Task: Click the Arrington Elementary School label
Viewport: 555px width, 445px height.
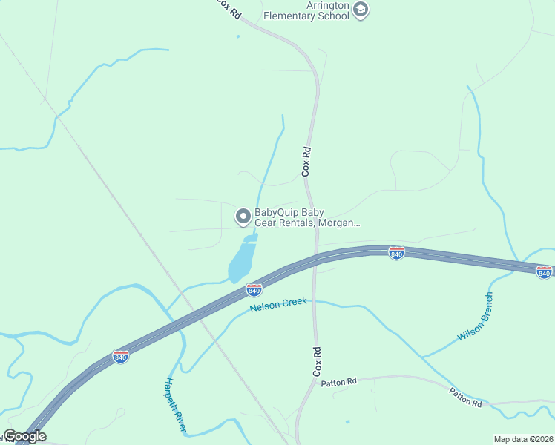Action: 306,10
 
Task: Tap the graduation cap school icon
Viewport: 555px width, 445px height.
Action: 361,10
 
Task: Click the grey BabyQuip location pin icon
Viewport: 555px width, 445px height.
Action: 243,217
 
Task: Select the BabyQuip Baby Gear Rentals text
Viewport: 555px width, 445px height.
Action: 307,217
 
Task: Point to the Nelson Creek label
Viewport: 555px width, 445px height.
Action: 278,306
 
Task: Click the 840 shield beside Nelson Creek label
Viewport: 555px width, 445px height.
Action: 254,289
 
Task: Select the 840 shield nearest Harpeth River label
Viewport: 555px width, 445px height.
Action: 120,357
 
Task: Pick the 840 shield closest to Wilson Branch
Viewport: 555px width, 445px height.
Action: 544,272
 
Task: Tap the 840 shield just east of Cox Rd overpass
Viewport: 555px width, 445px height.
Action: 396,254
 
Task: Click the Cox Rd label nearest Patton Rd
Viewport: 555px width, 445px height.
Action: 317,360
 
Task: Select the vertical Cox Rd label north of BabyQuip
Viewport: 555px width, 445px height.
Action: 306,161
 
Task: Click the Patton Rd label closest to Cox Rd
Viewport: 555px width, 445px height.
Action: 338,382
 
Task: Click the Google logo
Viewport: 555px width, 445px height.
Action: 24,436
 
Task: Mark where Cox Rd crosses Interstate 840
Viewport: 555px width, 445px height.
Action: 317,257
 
